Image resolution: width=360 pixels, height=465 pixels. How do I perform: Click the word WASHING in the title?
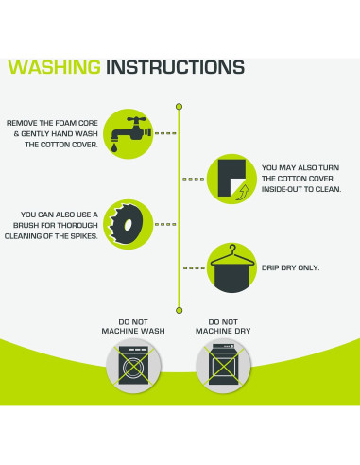(54, 67)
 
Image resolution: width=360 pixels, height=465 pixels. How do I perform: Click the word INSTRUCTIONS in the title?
(175, 67)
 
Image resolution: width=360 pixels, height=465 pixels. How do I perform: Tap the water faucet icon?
(130, 131)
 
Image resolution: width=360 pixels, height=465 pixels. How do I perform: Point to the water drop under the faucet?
(114, 147)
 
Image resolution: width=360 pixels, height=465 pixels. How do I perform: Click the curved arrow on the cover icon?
(243, 192)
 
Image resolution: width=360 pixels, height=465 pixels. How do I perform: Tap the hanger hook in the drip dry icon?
(232, 249)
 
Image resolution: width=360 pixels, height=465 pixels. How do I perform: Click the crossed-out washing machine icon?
(133, 366)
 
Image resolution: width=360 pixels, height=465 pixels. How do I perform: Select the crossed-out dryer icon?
(223, 366)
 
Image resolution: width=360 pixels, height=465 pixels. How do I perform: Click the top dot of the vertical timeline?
(180, 107)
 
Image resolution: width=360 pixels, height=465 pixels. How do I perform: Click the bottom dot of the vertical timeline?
(180, 310)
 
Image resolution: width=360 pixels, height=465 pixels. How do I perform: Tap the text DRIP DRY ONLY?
(290, 267)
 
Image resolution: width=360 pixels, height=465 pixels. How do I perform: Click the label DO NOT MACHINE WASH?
(133, 327)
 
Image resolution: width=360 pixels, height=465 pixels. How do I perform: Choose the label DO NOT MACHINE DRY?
(223, 327)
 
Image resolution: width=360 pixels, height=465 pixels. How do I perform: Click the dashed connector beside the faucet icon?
(165, 133)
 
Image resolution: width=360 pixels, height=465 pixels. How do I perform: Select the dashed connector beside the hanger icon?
(194, 268)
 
